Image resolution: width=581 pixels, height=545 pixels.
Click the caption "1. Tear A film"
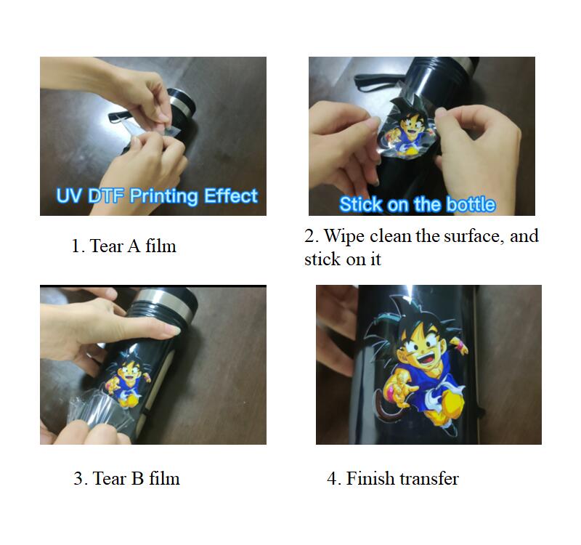tap(123, 246)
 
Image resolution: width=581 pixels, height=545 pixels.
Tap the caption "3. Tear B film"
tap(126, 478)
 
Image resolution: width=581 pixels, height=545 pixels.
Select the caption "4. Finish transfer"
tap(393, 478)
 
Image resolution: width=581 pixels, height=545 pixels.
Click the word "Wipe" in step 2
tap(344, 237)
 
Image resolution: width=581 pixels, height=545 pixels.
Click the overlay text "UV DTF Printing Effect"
tap(157, 195)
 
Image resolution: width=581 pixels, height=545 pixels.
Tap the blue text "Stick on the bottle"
tap(417, 204)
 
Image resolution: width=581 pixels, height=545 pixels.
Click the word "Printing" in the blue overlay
tap(164, 196)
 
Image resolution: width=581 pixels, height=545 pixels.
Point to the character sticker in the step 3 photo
tap(127, 379)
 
